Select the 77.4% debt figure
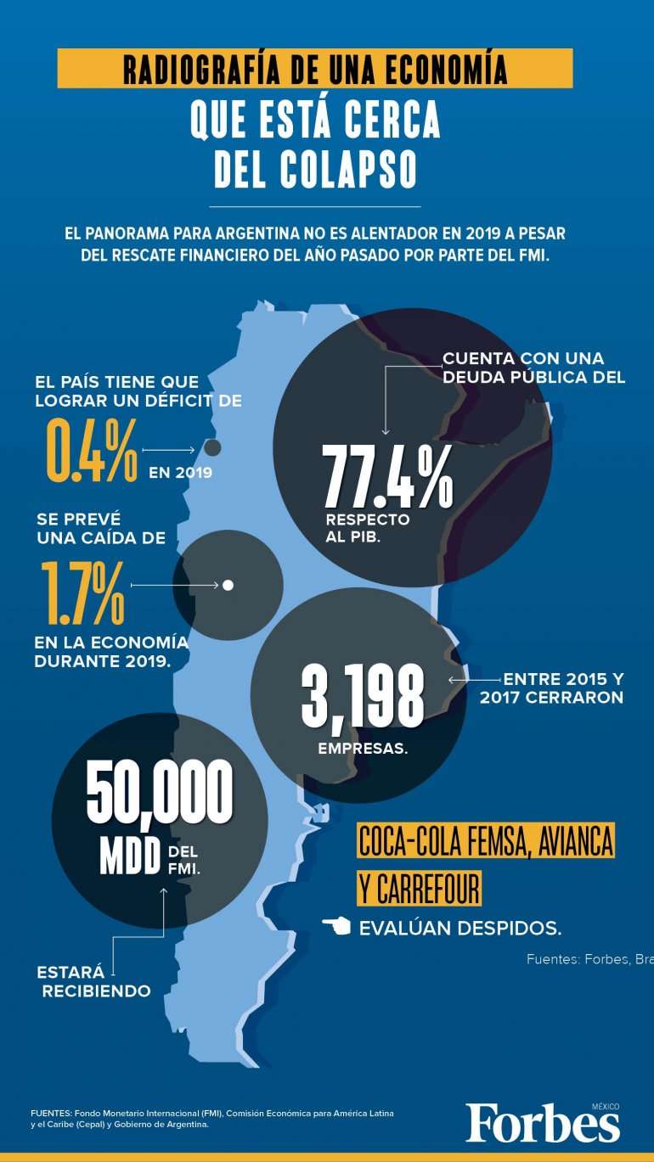tap(387, 478)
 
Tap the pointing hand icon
tap(336, 926)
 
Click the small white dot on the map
tap(228, 585)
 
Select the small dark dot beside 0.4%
tap(212, 447)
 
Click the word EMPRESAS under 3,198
tap(363, 749)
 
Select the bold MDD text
tap(130, 857)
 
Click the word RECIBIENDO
tap(97, 991)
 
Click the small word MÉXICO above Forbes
tap(606, 1106)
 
